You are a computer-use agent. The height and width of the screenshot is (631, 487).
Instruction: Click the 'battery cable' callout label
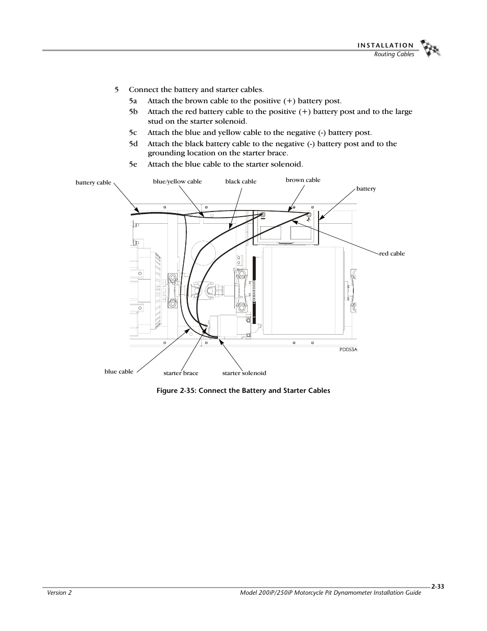93,182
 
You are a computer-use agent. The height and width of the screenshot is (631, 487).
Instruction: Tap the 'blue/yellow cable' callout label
177,181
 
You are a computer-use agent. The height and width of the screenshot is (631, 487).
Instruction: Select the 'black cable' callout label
241,181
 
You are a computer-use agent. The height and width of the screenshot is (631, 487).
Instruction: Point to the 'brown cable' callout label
303,180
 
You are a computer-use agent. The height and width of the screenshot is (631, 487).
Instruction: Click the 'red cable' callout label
392,253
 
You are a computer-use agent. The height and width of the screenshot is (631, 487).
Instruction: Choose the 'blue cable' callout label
119,371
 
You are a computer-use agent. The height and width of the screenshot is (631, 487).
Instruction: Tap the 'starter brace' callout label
181,373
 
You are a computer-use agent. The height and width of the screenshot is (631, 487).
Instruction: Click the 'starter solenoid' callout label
244,373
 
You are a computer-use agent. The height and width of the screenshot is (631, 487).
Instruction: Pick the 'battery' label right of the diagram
366,189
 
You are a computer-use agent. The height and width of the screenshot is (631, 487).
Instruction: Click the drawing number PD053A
348,349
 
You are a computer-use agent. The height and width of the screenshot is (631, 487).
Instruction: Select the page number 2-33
437,587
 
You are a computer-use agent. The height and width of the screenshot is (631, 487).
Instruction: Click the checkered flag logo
430,49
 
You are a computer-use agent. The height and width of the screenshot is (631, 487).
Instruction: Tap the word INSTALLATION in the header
385,45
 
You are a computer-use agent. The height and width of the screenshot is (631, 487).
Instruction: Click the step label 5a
133,101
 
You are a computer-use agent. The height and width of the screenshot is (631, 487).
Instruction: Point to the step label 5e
133,164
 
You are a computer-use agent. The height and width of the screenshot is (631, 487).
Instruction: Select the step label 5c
133,132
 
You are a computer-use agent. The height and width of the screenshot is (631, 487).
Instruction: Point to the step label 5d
133,144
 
